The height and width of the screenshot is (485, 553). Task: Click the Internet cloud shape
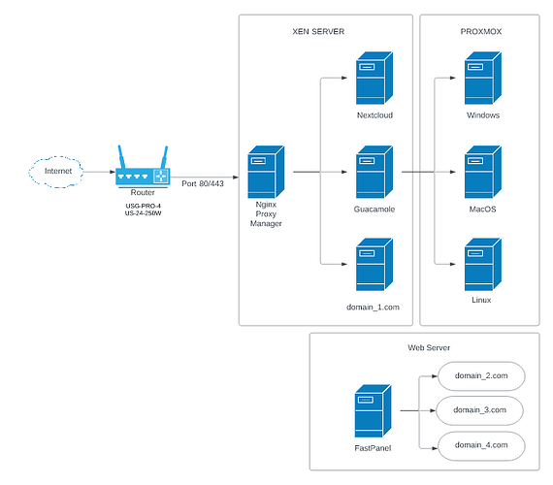[56, 172]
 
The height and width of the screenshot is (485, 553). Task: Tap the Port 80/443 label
[203, 183]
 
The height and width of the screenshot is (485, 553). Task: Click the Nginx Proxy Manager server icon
[266, 172]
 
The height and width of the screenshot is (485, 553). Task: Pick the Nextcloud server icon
[374, 78]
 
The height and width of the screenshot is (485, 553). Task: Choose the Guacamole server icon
[374, 172]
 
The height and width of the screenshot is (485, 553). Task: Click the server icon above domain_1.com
[374, 264]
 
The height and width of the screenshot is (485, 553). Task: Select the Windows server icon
[483, 78]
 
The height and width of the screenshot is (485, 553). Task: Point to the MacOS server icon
[483, 172]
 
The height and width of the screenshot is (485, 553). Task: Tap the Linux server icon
[483, 264]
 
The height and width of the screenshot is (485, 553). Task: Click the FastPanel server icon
[373, 411]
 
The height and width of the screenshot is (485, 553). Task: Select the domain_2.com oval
[481, 376]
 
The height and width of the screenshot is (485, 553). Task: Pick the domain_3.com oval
[479, 410]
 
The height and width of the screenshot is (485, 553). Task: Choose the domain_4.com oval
[481, 446]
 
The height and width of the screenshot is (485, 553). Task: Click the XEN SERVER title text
[318, 31]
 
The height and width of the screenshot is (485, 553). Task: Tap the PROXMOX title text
[480, 31]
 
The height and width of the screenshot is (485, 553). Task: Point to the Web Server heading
[429, 348]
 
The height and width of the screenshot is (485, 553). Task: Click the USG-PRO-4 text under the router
[144, 206]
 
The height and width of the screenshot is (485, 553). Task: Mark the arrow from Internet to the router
[100, 172]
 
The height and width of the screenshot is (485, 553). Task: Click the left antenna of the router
[121, 156]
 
